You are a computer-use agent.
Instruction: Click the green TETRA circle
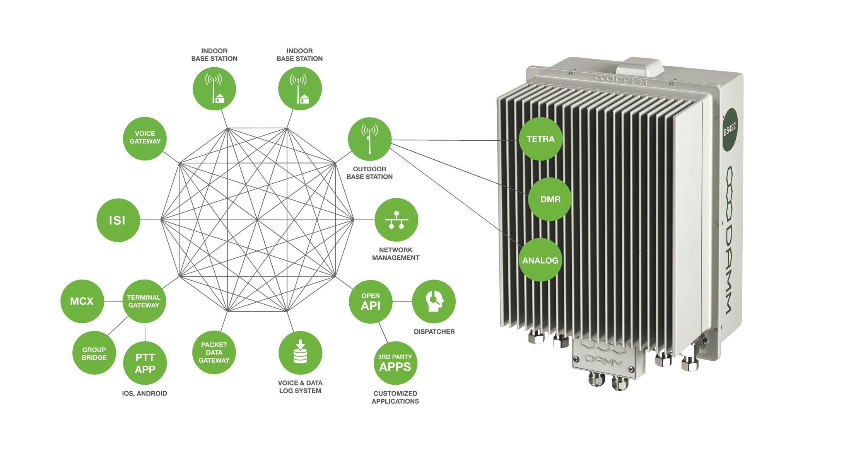540,139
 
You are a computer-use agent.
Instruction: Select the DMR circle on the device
550,199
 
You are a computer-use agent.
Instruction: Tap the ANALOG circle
540,260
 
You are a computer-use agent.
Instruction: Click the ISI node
118,220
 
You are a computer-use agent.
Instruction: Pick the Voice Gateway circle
145,138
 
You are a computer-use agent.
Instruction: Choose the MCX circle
82,301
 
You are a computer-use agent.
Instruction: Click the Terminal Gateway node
144,301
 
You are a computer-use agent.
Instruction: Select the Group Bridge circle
94,353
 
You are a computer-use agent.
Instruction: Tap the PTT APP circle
145,363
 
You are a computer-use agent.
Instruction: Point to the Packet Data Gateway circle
214,352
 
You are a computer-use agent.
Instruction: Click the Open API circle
371,302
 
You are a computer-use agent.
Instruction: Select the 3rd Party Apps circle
395,363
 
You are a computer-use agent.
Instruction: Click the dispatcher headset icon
434,301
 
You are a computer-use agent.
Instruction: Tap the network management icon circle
396,220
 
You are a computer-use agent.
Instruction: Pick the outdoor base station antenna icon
369,139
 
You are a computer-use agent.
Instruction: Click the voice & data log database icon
300,352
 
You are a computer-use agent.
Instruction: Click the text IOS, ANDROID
145,393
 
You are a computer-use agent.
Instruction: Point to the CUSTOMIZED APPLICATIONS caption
395,397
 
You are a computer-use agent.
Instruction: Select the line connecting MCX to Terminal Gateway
113,301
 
